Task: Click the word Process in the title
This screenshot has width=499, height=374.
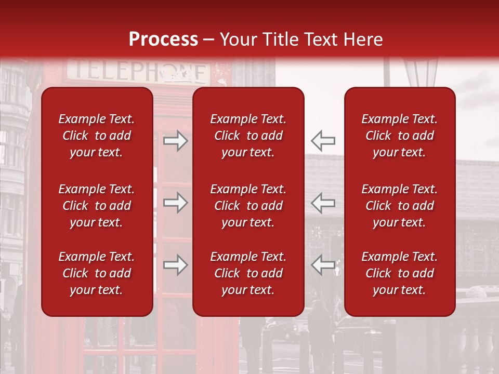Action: [x=163, y=39]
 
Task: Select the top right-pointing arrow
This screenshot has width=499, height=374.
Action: [x=176, y=141]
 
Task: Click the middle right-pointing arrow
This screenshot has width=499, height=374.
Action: [x=176, y=203]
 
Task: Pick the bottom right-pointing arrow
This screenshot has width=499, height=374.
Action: [x=176, y=265]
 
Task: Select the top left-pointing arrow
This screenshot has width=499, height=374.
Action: [x=323, y=141]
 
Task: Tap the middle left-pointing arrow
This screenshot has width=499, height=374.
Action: [x=323, y=203]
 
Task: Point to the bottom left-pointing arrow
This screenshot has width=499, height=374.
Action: [x=323, y=265]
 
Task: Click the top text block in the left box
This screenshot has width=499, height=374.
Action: [x=97, y=136]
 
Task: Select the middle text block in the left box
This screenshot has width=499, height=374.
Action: [x=97, y=206]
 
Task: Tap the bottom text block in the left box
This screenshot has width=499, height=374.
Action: [x=97, y=273]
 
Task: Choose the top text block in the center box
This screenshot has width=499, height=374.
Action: [x=248, y=136]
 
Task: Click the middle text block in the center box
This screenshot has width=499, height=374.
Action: [x=248, y=206]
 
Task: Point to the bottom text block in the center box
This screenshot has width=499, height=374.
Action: [x=248, y=273]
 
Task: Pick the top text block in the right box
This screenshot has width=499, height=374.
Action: [x=400, y=136]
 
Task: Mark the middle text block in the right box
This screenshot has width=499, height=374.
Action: [x=400, y=206]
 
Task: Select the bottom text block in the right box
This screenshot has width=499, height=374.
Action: [x=400, y=273]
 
